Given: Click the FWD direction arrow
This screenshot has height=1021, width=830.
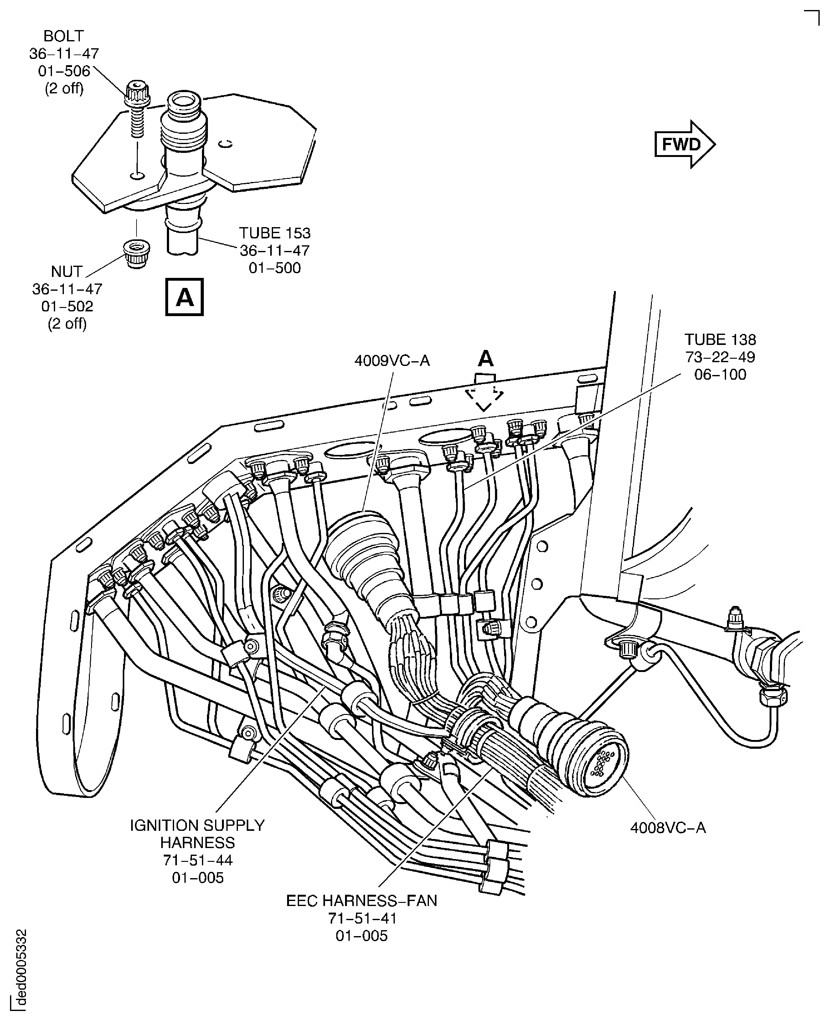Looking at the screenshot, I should point(684,144).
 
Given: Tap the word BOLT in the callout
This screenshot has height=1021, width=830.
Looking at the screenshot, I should point(64,36).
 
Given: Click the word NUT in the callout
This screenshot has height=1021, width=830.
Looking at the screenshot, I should point(66,271).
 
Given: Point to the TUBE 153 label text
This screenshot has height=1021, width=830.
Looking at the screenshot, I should point(275,233).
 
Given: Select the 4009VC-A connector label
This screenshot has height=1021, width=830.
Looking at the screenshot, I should point(392,360).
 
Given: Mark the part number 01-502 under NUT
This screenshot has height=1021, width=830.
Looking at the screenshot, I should point(67,306).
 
